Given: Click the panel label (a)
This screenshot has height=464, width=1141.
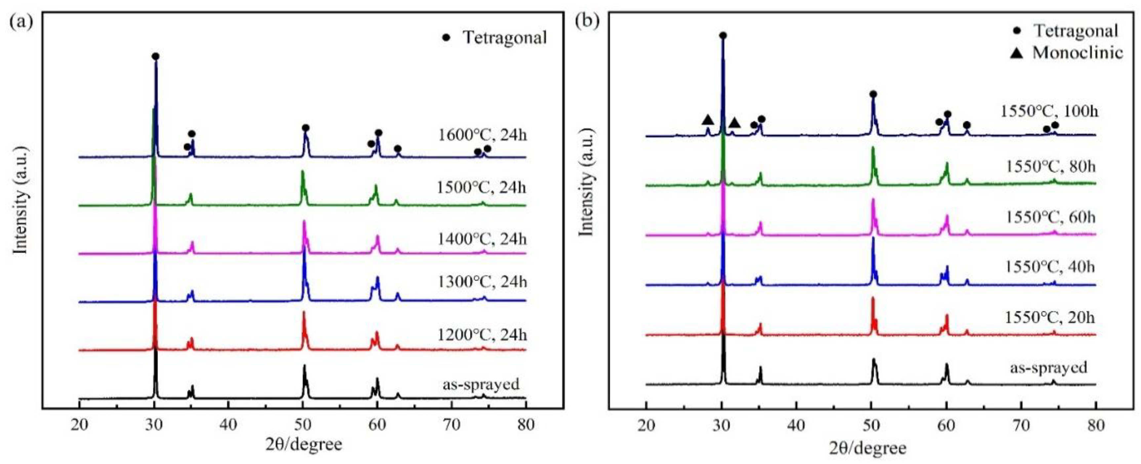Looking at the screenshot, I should (x=21, y=21).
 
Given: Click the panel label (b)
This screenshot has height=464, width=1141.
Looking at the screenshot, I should (x=587, y=21).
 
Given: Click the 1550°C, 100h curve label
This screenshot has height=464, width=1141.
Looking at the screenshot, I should (x=1048, y=111).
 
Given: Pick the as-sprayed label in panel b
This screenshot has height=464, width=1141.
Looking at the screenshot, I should (x=1048, y=367).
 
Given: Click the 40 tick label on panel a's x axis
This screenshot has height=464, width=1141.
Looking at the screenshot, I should (x=228, y=425).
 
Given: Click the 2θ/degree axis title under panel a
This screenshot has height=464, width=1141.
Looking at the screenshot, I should (x=304, y=444).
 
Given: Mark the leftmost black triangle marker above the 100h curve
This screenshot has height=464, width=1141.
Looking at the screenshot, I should (x=707, y=120).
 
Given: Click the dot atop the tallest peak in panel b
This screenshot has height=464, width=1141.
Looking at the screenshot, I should (x=723, y=35).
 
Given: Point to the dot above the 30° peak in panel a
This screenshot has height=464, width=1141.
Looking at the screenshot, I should (x=155, y=56).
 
